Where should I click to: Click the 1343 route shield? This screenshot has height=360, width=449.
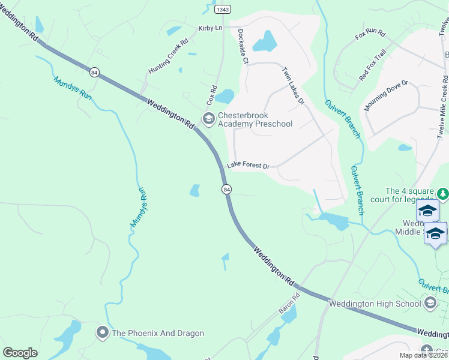(x=222, y=9)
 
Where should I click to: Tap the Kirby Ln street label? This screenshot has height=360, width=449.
(x=210, y=28)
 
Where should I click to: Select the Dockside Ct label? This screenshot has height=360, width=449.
(x=243, y=46)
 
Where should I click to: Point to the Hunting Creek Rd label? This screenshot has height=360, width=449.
(x=169, y=58)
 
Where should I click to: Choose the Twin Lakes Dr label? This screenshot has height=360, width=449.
(x=294, y=85)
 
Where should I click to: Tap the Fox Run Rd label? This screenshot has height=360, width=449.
(x=370, y=34)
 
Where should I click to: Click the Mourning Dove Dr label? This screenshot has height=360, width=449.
(x=387, y=96)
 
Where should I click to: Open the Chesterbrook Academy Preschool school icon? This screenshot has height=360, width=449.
(x=208, y=119)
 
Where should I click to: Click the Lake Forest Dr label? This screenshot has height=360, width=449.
(x=248, y=166)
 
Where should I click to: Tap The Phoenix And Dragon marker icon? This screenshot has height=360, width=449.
(x=102, y=332)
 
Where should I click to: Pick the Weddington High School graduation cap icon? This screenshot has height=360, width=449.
(x=430, y=303)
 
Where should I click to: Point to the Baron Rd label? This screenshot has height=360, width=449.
(x=289, y=304)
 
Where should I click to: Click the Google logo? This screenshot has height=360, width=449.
(x=20, y=353)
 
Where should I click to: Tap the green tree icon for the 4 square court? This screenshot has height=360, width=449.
(x=443, y=193)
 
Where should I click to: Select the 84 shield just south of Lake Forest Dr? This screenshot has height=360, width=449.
(x=226, y=189)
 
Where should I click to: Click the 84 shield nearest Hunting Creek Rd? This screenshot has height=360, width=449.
(x=93, y=72)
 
